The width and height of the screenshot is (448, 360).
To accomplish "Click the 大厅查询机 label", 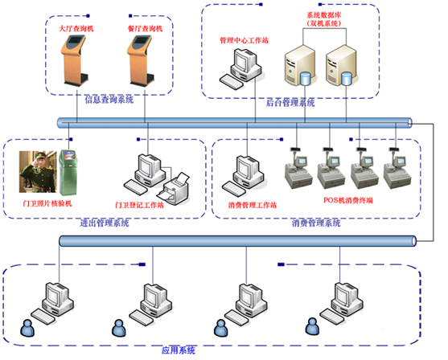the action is [76, 29].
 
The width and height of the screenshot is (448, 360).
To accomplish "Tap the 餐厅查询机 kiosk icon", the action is [141, 60].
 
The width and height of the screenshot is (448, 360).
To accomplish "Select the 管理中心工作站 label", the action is [244, 40].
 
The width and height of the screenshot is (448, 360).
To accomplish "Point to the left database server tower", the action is [300, 65].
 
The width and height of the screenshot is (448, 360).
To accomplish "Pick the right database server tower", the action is [341, 65].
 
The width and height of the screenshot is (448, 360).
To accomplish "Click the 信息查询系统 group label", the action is [109, 100].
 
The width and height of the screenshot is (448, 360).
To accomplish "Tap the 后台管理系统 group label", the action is [290, 103].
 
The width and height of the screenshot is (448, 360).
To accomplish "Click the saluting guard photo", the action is [38, 172].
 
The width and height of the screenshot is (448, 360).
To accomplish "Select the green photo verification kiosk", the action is [68, 172].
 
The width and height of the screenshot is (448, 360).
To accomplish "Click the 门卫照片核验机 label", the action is [47, 203].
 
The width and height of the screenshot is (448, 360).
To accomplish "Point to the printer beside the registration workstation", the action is [174, 189].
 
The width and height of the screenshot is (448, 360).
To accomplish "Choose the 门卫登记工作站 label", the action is [139, 205].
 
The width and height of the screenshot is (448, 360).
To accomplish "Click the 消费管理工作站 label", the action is [253, 205].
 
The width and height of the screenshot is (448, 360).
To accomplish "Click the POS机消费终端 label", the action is [348, 200].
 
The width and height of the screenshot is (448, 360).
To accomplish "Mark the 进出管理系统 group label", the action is [105, 223].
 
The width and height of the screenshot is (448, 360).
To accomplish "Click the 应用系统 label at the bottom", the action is [179, 350].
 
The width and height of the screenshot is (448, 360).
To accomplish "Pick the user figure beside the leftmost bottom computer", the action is [27, 328].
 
